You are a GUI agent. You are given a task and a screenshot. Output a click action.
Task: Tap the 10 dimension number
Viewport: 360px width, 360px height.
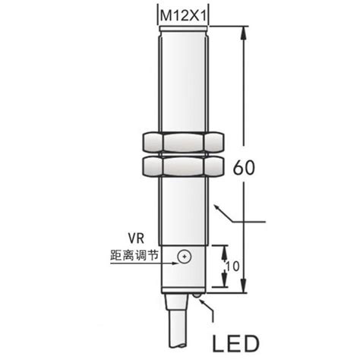(234, 267)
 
